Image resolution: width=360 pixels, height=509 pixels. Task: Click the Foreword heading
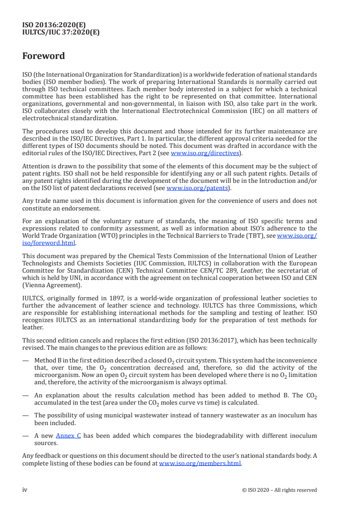[44, 56]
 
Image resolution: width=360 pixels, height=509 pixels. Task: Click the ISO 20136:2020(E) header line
[54, 25]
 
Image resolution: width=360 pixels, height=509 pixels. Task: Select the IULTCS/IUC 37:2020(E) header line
[61, 32]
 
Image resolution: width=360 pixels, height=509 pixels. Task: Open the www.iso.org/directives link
[205, 153]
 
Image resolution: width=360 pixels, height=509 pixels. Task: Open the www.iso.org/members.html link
[200, 464]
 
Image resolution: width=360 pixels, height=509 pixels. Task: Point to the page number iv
[25, 490]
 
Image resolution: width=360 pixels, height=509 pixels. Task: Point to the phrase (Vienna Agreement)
[47, 286]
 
